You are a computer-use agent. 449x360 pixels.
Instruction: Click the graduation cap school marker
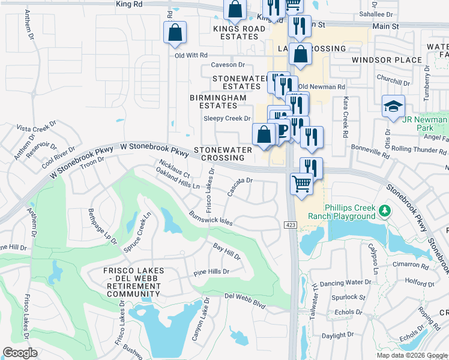tap(393, 107)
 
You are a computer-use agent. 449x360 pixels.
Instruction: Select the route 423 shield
tap(291, 224)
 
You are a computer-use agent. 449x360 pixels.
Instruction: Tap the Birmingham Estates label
tap(218, 101)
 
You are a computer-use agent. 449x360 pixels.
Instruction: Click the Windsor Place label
tap(388, 60)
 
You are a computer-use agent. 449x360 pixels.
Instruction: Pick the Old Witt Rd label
tap(190, 55)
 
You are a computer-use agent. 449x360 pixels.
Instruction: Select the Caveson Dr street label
tap(228, 65)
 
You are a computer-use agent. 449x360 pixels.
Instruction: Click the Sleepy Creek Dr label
tap(226, 119)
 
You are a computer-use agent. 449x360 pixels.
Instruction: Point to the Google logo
tap(20, 353)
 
